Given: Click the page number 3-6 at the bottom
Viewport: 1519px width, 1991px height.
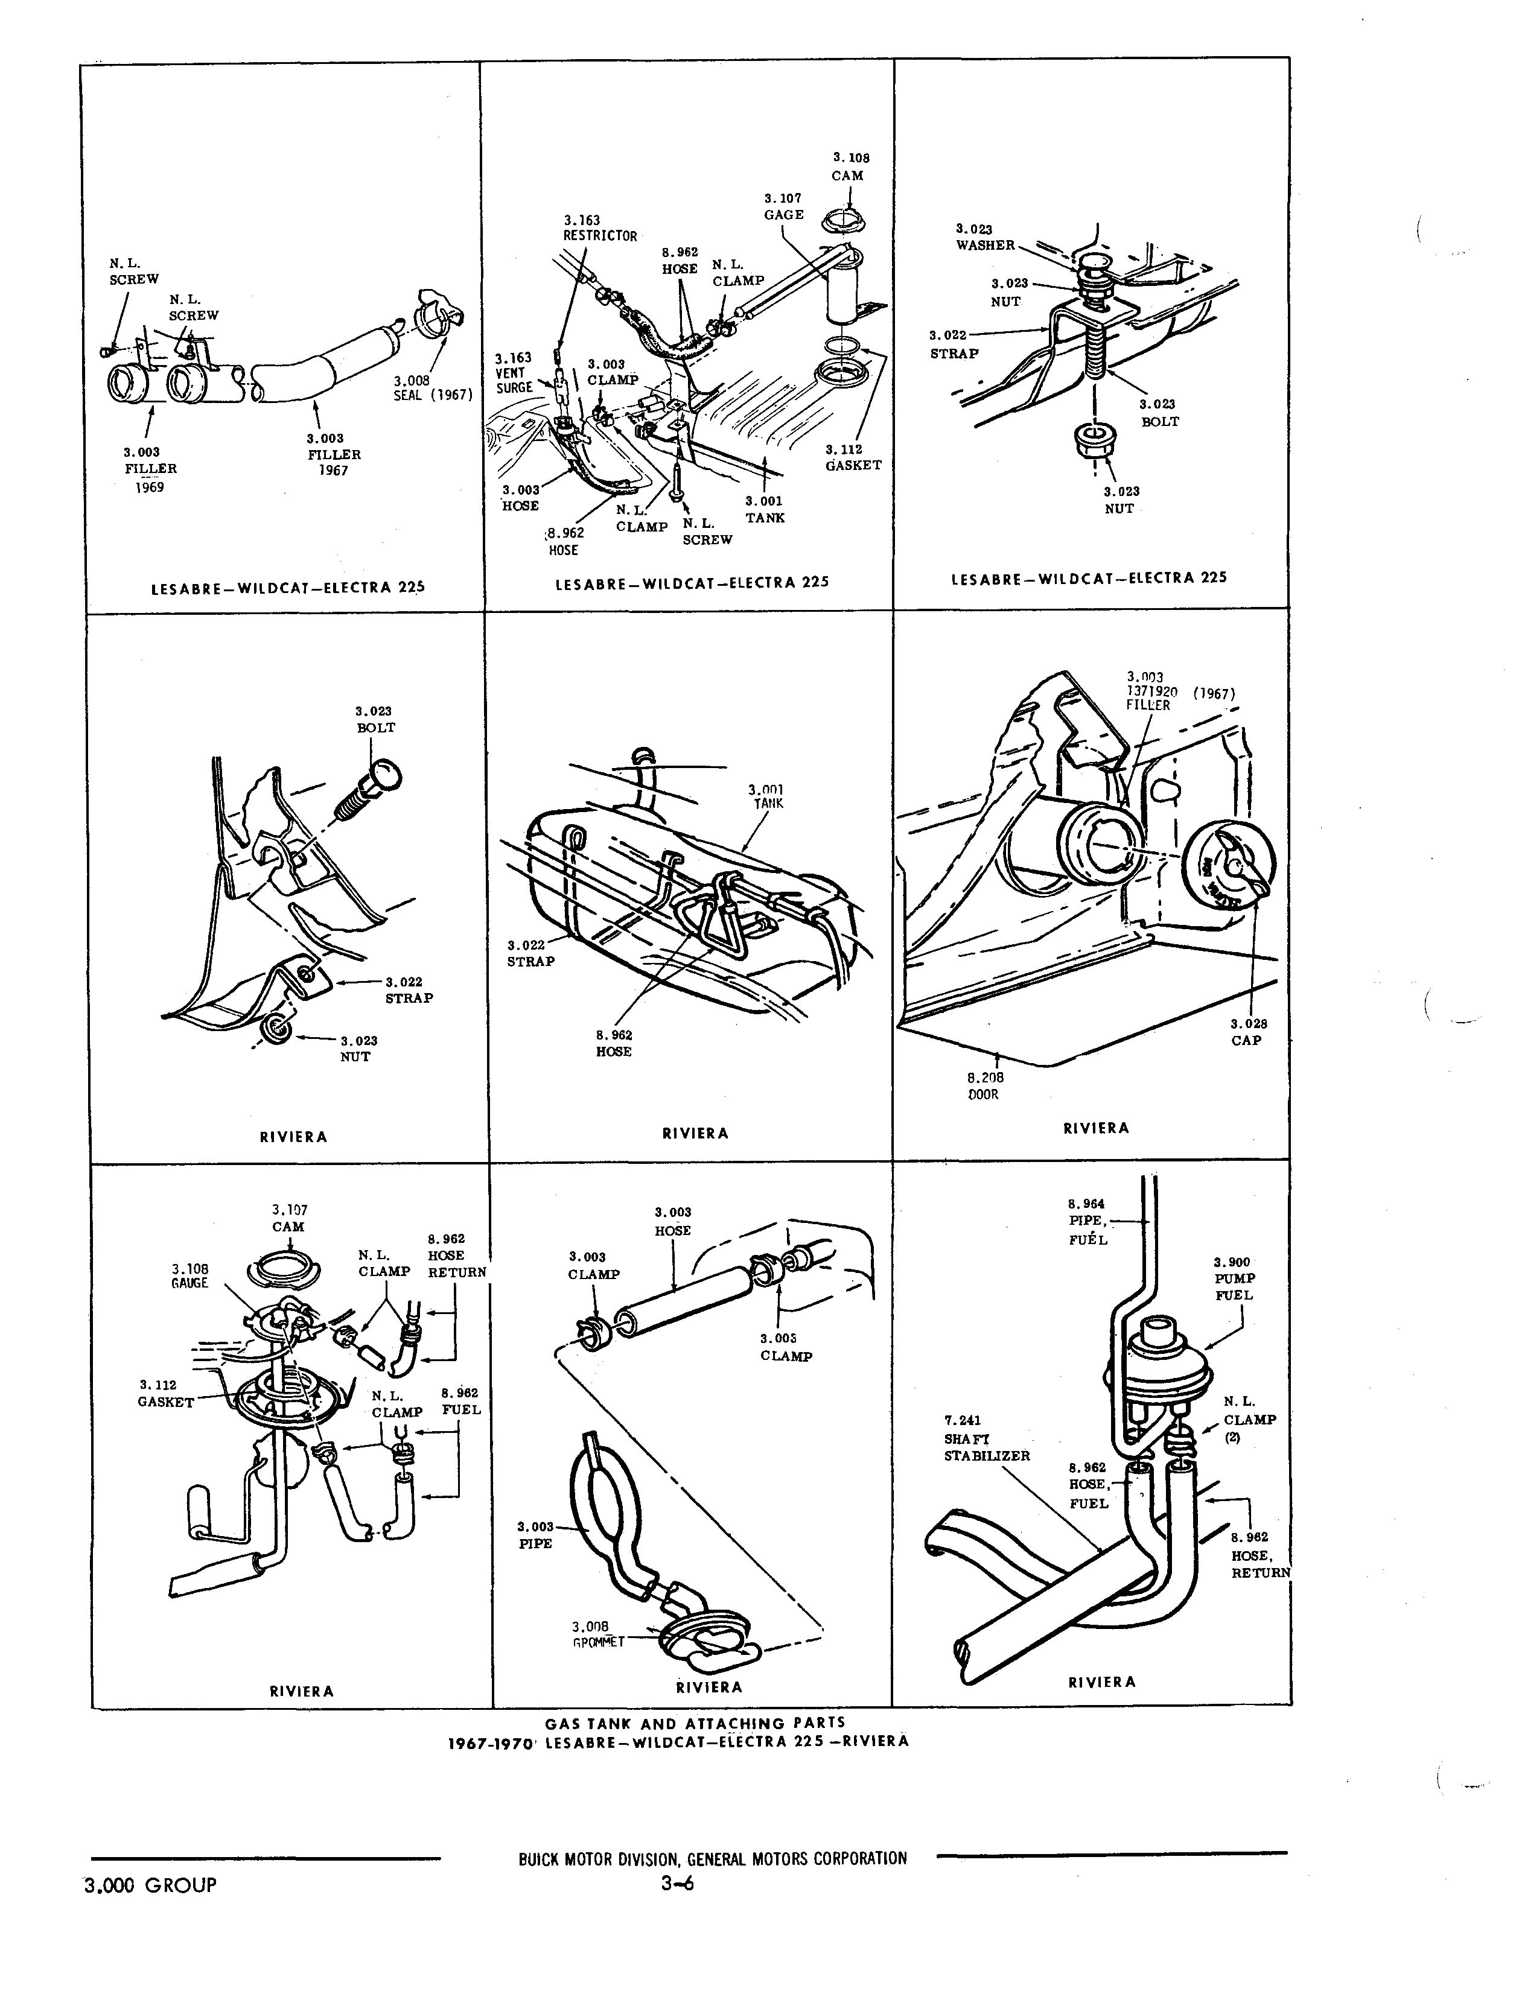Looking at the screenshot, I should pos(677,1884).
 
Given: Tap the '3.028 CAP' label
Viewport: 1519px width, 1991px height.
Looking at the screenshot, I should pos(1248,1032).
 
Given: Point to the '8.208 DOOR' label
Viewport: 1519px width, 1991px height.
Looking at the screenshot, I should pos(985,1085).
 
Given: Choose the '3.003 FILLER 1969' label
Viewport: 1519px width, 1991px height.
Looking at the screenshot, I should pos(150,468).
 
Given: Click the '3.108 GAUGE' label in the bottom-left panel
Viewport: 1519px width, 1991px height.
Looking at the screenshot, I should pos(190,1275).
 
